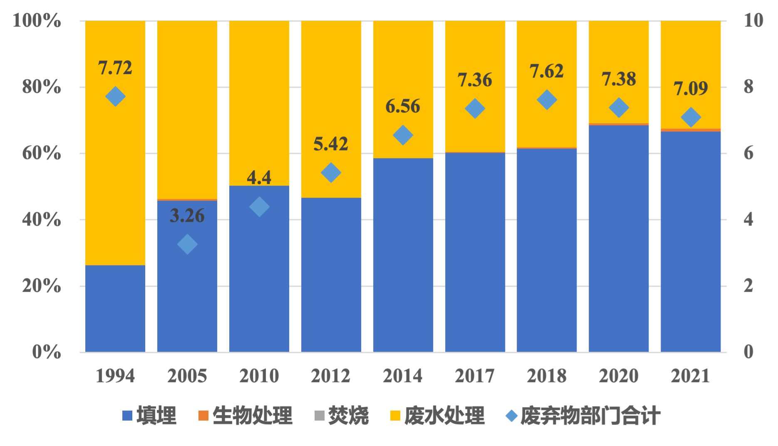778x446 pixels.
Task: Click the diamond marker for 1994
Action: pos(115,97)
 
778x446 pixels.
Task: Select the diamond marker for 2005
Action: pos(187,244)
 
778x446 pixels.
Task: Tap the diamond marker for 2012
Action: pos(331,173)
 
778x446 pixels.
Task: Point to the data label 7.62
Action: pos(547,71)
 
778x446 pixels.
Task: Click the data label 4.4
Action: pos(259,178)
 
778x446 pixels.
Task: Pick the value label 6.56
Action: pos(403,106)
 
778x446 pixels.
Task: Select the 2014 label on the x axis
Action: pos(403,376)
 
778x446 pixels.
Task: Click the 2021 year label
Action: pos(691,376)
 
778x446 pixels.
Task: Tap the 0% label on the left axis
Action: pos(47,352)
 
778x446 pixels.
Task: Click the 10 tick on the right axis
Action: pos(753,20)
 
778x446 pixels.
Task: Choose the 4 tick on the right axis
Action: pos(748,219)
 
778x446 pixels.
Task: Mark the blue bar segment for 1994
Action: pos(115,308)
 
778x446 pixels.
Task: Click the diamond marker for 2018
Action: pos(547,100)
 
